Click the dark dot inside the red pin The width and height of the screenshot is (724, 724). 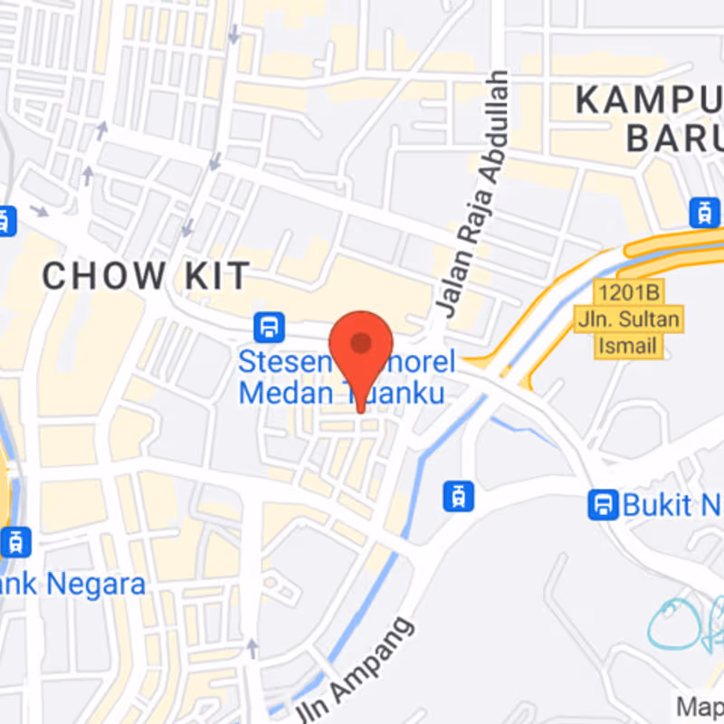click(x=361, y=343)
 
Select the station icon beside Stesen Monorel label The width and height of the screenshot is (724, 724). click(x=269, y=327)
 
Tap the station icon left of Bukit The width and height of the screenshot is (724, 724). click(x=603, y=504)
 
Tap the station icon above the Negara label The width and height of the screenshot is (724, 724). click(x=14, y=542)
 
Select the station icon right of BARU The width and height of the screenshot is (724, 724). click(x=703, y=213)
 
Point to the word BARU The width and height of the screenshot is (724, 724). click(x=674, y=138)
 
